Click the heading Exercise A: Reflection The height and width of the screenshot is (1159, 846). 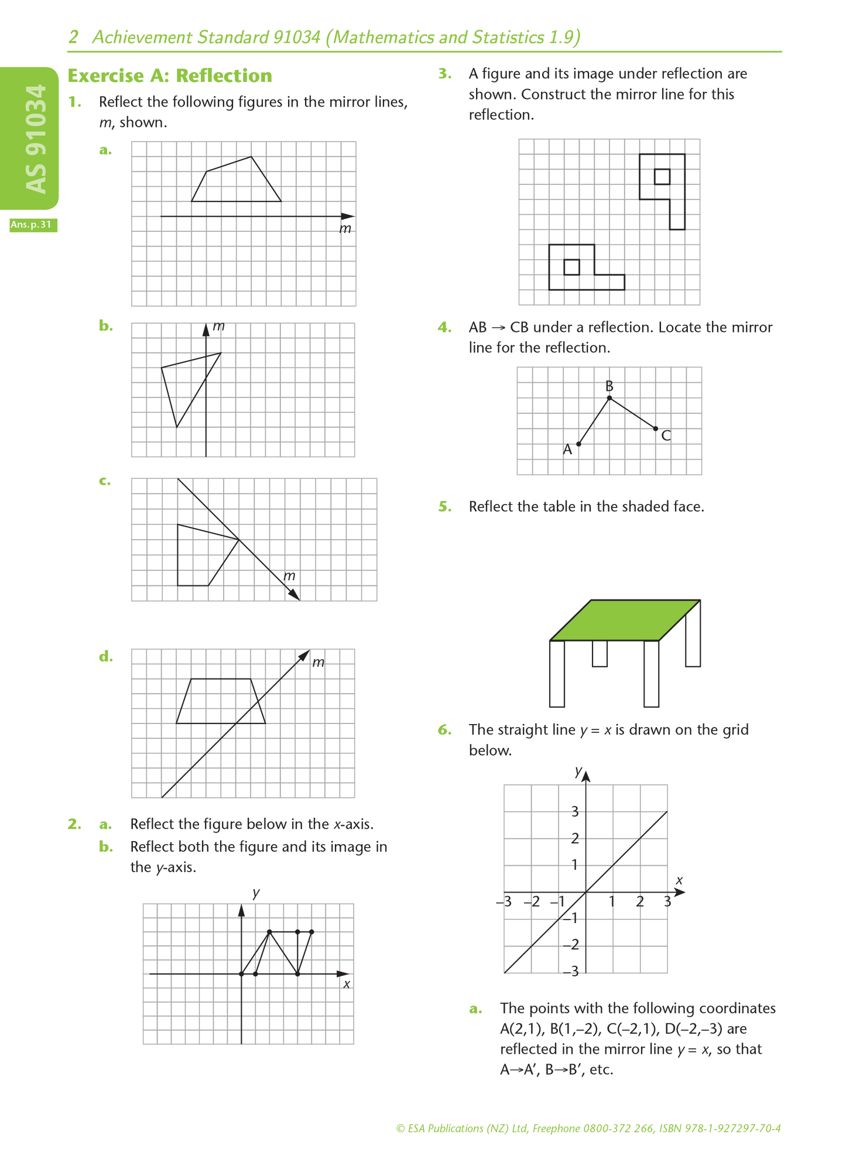tap(170, 76)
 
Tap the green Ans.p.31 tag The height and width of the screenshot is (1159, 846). tap(33, 225)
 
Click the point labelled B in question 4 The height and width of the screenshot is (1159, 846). tap(609, 398)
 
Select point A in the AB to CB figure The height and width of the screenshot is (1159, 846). tap(578, 444)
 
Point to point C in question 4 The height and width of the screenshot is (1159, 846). tap(655, 428)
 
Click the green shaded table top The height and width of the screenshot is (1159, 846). tap(625, 620)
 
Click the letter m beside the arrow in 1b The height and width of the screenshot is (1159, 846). tap(218, 325)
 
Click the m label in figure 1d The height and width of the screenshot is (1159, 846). tap(318, 662)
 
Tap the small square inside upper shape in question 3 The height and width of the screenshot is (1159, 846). tap(662, 176)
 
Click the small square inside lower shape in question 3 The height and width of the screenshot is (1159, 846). tap(571, 267)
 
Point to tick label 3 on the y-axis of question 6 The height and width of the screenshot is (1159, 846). tap(575, 811)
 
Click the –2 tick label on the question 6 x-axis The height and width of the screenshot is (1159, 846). tap(532, 901)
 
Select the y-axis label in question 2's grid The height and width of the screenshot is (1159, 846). tap(256, 893)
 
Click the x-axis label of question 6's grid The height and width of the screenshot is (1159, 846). tap(679, 880)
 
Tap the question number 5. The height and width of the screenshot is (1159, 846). tap(445, 506)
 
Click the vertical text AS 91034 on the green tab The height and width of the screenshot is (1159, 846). tap(36, 139)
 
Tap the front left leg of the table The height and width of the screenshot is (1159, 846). tap(557, 673)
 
